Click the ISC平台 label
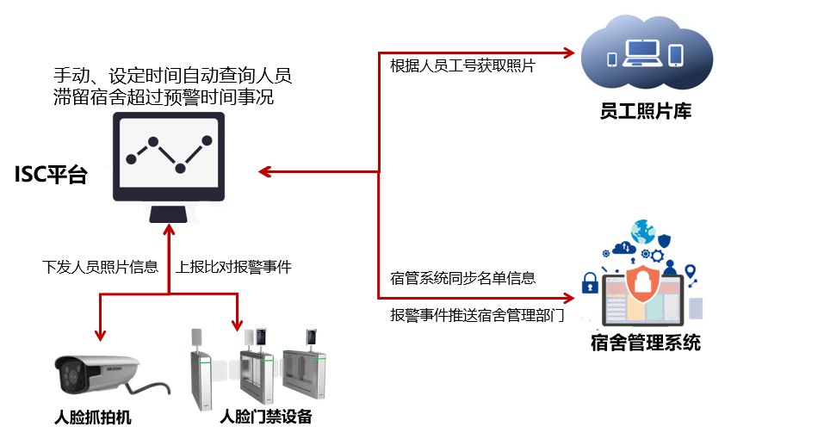tap(51, 176)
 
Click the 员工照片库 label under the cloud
tap(646, 111)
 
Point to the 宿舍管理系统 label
tap(646, 343)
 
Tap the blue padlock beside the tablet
tap(590, 282)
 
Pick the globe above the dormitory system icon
tap(642, 232)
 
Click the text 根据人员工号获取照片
tap(462, 67)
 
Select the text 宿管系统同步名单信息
tap(462, 278)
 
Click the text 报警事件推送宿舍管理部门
tap(476, 315)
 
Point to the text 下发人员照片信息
tap(101, 267)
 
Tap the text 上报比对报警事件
tap(233, 267)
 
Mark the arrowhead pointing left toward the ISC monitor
tap(266, 172)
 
